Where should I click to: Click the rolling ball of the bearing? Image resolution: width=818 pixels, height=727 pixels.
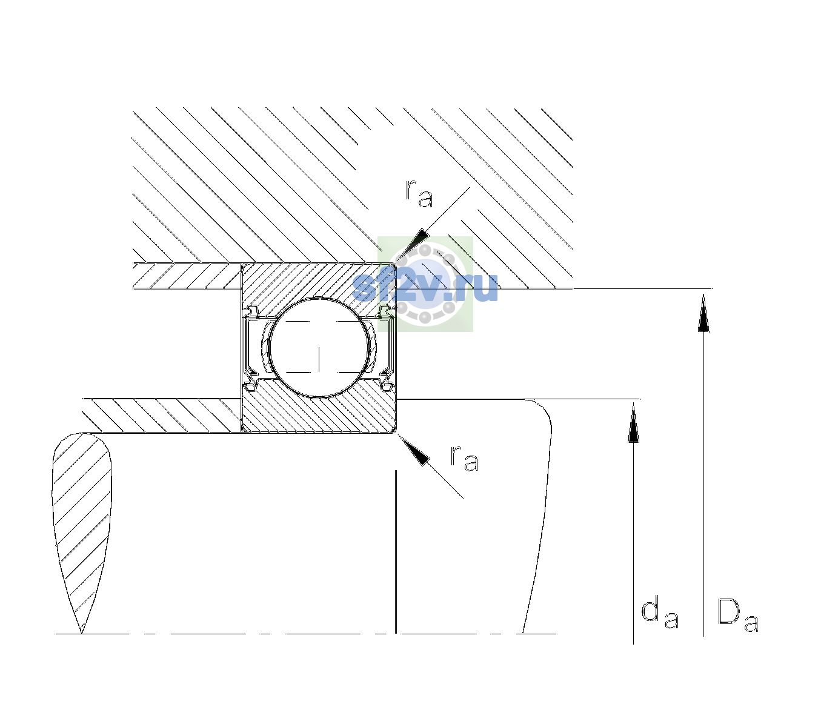[x=319, y=348]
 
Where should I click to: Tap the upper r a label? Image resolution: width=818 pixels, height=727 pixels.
[x=419, y=194]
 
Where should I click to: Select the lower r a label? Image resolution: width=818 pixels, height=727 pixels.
[x=464, y=459]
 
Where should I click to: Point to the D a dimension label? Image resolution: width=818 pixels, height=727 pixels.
[x=737, y=616]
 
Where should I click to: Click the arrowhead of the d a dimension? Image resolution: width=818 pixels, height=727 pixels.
[x=633, y=422]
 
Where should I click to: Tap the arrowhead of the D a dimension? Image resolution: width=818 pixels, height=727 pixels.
[x=703, y=313]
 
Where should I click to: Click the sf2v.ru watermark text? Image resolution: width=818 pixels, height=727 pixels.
[x=425, y=287]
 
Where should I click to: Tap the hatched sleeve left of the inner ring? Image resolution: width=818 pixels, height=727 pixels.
[x=162, y=416]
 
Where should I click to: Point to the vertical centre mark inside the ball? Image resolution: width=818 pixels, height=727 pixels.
[x=319, y=359]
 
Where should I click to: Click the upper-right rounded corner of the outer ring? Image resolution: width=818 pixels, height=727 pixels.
[x=393, y=266]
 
